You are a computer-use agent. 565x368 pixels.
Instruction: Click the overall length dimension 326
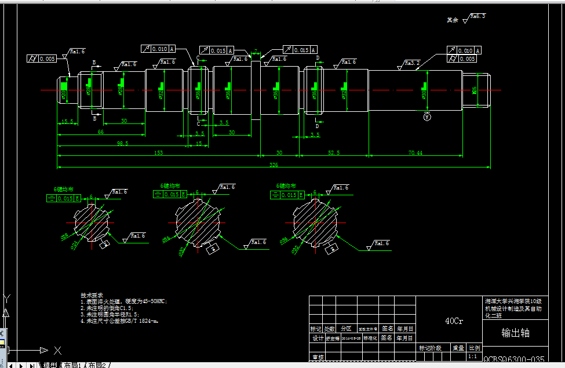point(274,165)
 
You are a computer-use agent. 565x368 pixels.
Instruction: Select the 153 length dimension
point(158,152)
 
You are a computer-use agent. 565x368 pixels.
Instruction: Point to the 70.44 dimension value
point(415,152)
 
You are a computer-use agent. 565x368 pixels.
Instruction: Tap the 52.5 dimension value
point(334,152)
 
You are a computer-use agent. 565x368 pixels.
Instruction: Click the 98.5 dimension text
point(122,143)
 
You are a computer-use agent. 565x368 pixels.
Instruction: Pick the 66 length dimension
point(100,133)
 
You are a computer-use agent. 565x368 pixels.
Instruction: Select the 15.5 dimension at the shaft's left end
point(67,121)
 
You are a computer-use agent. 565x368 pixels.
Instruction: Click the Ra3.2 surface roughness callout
point(412,62)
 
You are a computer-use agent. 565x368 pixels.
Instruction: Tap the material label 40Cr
point(454,320)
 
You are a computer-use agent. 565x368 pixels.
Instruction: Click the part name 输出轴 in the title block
point(515,333)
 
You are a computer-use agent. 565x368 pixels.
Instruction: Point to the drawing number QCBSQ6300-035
point(514,359)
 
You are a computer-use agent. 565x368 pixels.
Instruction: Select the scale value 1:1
point(473,356)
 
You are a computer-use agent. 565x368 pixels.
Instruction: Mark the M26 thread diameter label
point(475,90)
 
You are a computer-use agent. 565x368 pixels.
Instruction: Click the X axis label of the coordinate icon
point(57,350)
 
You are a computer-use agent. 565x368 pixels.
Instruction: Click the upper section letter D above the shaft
point(318,57)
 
